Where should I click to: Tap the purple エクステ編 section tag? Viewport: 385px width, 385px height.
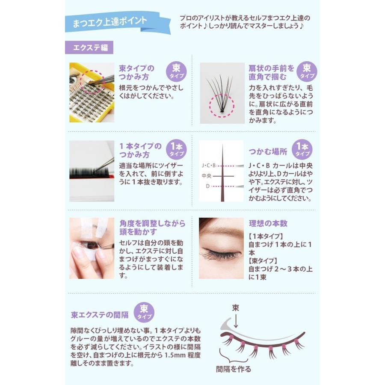pos(89,47)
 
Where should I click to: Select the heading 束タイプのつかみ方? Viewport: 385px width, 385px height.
pos(137,74)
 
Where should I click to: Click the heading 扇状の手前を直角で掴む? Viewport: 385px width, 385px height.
pos(272,72)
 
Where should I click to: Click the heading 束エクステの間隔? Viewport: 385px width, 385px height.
pos(100,315)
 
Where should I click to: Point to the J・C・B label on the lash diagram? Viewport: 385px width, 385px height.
pos(208,165)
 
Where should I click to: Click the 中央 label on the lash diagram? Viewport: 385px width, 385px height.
pos(207,176)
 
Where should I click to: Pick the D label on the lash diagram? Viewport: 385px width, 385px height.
pos(207,186)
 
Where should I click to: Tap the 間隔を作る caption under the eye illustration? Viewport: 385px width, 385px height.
pos(234,369)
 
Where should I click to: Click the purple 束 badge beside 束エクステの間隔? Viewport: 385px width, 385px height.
pos(144,313)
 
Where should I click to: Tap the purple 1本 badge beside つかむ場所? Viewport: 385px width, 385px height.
pos(302,149)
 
